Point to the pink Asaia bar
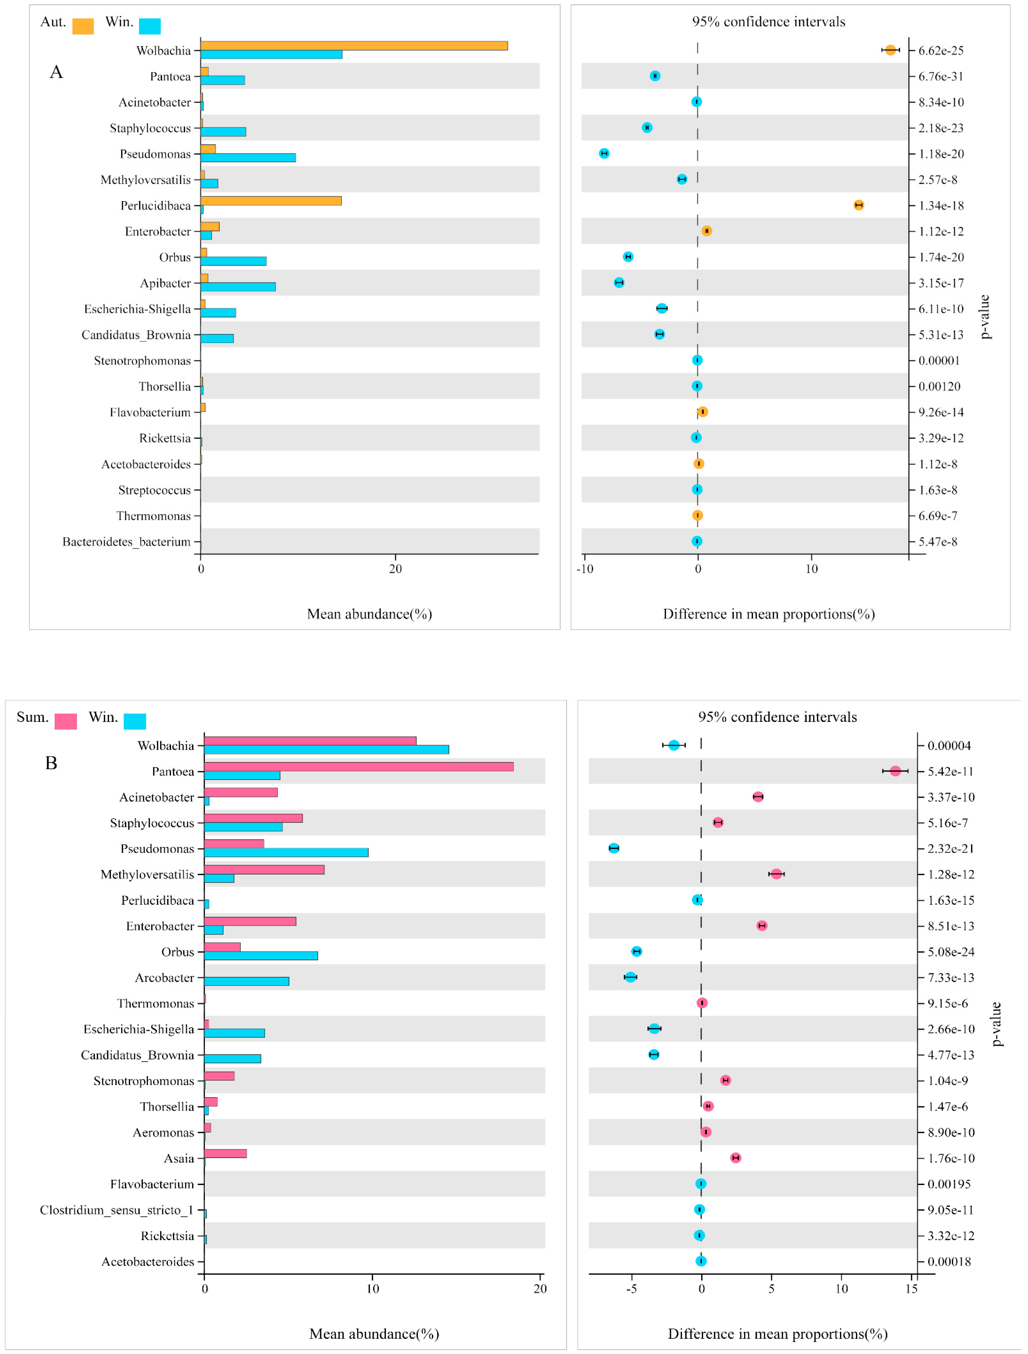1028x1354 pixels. (x=225, y=1153)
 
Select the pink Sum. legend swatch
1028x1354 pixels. (x=65, y=721)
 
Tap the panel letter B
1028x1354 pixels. (x=51, y=763)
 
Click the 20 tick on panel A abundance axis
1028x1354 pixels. (x=395, y=569)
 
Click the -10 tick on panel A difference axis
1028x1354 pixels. (x=585, y=569)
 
